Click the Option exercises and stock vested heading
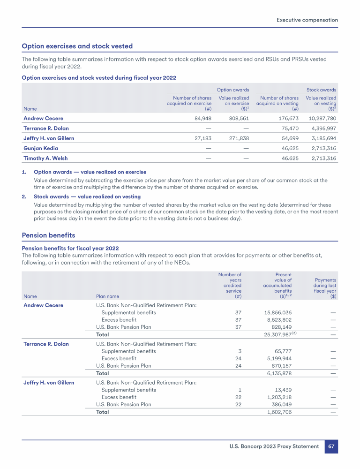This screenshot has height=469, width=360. [x=77, y=46]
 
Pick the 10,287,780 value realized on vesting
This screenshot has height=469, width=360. [x=321, y=118]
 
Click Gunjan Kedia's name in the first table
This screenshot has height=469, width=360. [x=41, y=148]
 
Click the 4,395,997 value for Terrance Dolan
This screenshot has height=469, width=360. [x=322, y=129]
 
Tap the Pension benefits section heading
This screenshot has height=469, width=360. [x=48, y=235]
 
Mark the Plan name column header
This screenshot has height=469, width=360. [x=107, y=296]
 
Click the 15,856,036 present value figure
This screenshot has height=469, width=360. [x=278, y=312]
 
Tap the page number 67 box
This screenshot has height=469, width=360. [x=331, y=446]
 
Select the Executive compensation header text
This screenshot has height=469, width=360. [x=307, y=20]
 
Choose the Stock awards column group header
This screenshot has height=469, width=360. [x=321, y=89]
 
